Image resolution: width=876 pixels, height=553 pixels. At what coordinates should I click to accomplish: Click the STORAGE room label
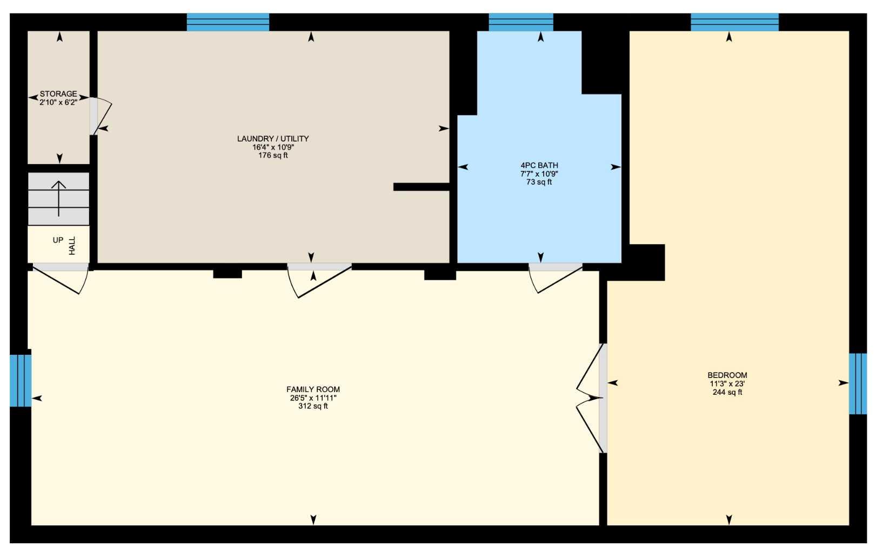click(x=58, y=94)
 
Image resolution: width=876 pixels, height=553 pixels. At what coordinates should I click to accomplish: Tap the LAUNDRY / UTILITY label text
click(x=273, y=139)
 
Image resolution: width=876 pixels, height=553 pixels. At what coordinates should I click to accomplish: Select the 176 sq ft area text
click(x=273, y=156)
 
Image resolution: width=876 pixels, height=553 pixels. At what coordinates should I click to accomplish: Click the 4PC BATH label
click(x=539, y=166)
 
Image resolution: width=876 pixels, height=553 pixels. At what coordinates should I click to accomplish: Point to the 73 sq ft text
click(x=539, y=183)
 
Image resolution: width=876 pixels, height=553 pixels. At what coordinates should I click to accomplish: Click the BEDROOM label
click(x=727, y=375)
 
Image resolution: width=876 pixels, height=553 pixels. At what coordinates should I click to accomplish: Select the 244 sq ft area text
click(x=727, y=393)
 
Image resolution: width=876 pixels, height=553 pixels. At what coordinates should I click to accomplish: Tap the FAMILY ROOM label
click(x=313, y=389)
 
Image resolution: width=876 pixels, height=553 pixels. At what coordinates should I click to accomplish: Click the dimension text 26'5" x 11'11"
click(x=313, y=398)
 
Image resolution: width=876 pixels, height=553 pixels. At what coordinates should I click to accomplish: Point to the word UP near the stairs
click(x=58, y=240)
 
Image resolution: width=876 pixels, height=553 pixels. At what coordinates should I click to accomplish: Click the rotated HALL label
click(x=72, y=246)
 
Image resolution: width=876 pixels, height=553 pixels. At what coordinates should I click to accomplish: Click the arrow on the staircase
click(x=58, y=198)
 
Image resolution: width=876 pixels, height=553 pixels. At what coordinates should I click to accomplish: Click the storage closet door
click(x=99, y=116)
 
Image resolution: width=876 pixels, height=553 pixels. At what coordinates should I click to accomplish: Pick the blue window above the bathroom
click(x=520, y=22)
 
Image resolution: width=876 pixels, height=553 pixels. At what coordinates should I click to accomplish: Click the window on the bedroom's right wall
click(x=858, y=383)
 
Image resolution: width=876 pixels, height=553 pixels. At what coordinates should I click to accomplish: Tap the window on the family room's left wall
click(x=21, y=380)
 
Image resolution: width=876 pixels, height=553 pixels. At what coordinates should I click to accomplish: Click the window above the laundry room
click(x=228, y=22)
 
